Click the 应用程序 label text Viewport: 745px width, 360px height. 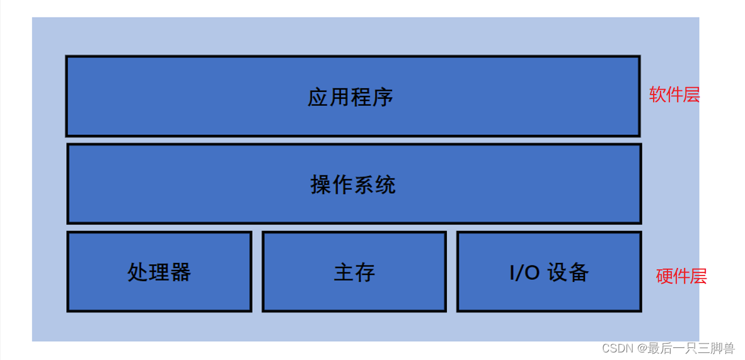[x=350, y=97]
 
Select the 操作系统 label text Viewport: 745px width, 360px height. [x=353, y=185]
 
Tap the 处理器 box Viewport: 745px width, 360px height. [x=159, y=272]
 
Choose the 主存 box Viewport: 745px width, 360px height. [x=354, y=272]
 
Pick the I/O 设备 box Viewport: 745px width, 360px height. [x=549, y=272]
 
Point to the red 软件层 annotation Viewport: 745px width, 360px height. [x=674, y=95]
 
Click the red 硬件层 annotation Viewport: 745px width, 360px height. [x=681, y=276]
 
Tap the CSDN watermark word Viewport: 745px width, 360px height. [x=617, y=348]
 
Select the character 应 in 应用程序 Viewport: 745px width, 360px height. [x=318, y=97]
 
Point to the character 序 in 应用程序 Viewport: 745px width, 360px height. [x=383, y=97]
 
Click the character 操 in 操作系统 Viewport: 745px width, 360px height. [x=321, y=185]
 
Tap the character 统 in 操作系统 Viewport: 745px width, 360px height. [x=386, y=185]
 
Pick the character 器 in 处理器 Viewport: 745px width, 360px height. [x=180, y=272]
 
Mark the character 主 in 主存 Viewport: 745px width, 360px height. [x=344, y=272]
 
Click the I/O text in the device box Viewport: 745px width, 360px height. [x=524, y=272]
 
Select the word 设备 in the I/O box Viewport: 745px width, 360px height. [x=568, y=272]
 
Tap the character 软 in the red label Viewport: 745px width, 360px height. [x=658, y=95]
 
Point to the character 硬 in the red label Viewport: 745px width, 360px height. [x=665, y=276]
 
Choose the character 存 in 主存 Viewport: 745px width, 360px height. [x=365, y=272]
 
